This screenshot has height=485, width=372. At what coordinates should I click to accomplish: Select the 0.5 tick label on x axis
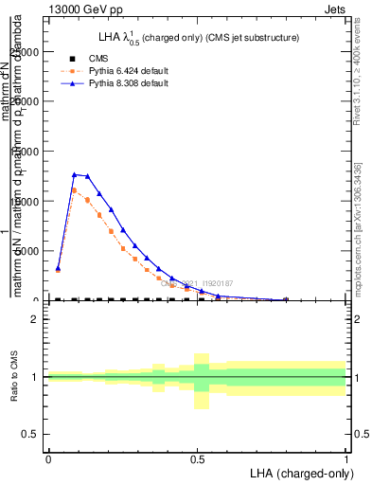click(196, 458)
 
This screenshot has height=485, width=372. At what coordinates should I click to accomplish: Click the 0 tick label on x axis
click(47, 458)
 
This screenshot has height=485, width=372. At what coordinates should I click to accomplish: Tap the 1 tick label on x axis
click(345, 458)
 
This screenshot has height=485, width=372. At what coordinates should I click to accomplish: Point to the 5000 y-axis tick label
click(27, 251)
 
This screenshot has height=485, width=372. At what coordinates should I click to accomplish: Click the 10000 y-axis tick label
click(24, 201)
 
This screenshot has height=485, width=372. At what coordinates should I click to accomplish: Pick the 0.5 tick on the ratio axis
click(32, 434)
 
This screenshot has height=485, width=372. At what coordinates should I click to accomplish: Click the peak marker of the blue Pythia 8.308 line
click(74, 174)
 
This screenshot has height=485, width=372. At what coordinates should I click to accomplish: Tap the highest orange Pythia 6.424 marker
click(74, 190)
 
